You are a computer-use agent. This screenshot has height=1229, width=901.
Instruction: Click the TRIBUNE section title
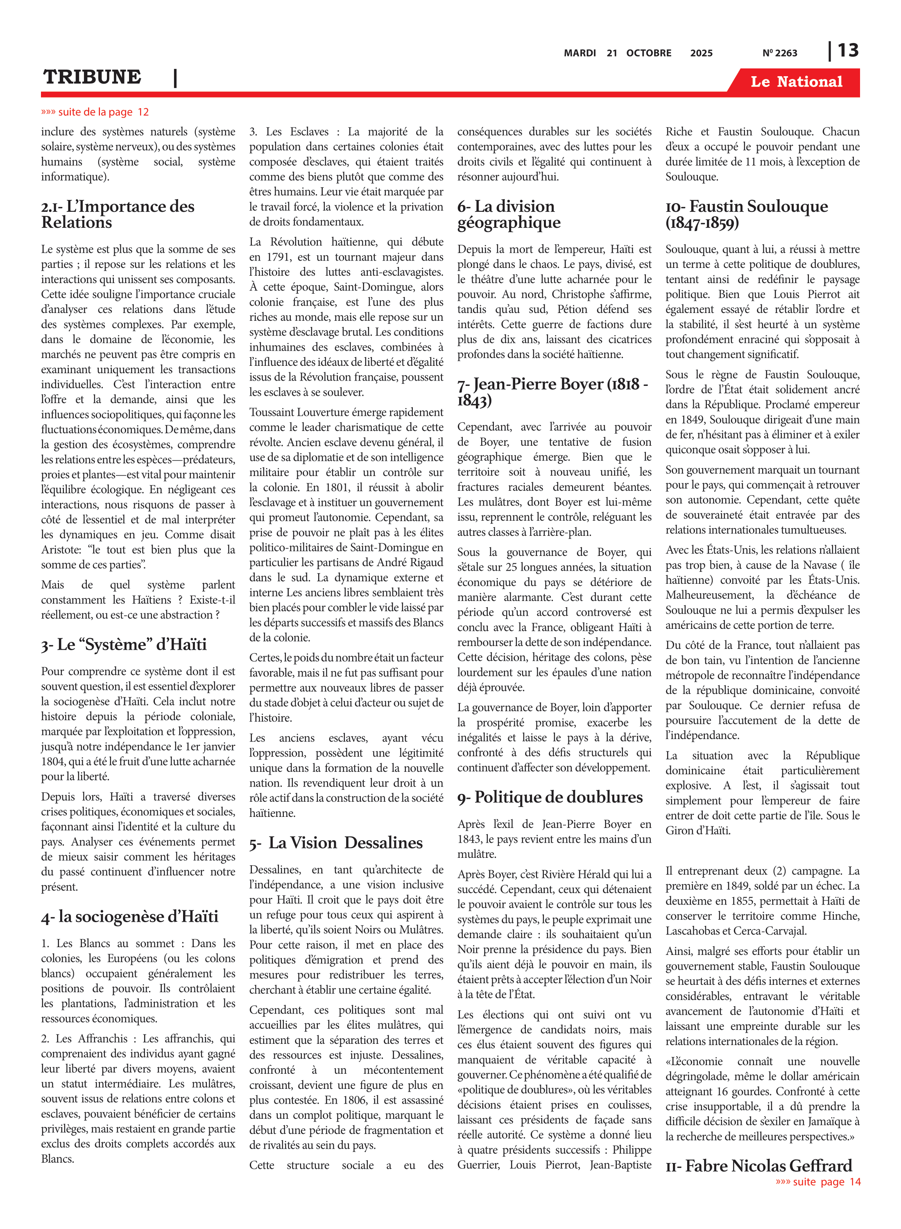pos(92,77)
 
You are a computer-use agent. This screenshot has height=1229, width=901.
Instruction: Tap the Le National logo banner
pos(796,82)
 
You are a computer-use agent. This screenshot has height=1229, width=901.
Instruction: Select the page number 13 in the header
pos(848,51)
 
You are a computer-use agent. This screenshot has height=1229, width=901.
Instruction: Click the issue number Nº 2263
pos(779,53)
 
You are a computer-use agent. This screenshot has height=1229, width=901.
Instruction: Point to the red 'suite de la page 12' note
pos(95,112)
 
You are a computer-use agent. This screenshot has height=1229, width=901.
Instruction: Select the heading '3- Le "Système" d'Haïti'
pos(124,644)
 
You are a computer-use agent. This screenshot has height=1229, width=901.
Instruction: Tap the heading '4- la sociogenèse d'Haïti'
pos(130,916)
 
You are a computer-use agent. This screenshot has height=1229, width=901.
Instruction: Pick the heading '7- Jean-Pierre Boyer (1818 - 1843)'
pos(552,392)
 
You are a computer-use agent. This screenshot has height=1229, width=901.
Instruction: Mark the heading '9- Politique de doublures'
pos(550,797)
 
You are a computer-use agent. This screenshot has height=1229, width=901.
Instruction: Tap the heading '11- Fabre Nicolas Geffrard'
pos(758,1166)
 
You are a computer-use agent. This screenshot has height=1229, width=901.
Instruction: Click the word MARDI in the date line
pos(579,53)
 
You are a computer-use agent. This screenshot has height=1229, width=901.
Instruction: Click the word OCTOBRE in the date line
pos(648,53)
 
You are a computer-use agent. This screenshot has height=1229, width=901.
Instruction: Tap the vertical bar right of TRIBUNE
pos(175,78)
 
